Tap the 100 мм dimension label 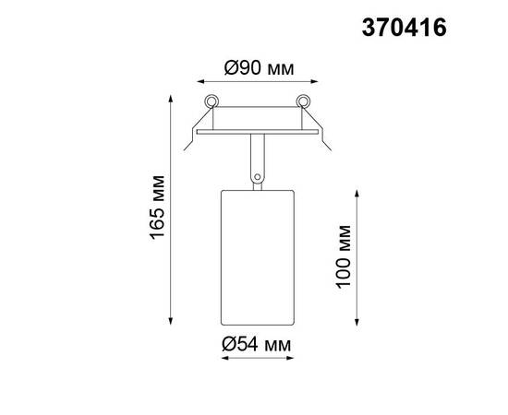[x=345, y=255]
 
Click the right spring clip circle [x=300, y=101]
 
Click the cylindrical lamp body [x=256, y=255]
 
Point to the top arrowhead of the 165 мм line [x=172, y=94]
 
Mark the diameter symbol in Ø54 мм [x=227, y=344]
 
